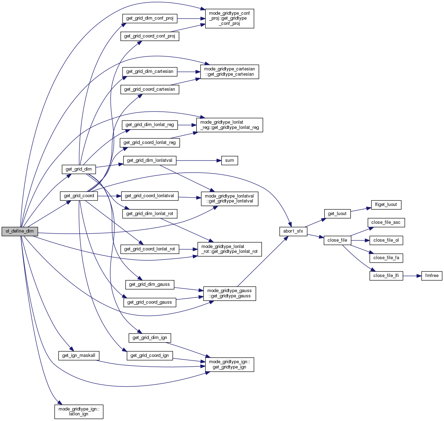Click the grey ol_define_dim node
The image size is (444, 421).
click(20, 231)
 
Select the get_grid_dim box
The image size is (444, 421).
click(79, 169)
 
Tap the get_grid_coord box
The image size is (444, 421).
click(79, 196)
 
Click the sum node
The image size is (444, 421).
click(229, 160)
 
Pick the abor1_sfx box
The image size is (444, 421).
click(293, 231)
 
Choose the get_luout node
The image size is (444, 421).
click(337, 214)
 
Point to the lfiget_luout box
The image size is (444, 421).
click(386, 205)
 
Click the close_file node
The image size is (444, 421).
click(337, 240)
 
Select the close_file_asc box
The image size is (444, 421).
click(386, 222)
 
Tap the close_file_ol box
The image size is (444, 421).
click(386, 240)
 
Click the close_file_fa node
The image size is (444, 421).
click(386, 258)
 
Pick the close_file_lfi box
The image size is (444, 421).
click(386, 276)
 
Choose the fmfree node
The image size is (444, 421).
click(432, 276)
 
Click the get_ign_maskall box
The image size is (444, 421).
click(78, 356)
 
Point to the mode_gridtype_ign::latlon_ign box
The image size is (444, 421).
click(79, 412)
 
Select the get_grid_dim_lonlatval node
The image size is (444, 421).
click(150, 160)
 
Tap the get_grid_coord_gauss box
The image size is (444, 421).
click(150, 302)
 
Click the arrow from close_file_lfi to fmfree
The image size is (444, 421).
click(412, 276)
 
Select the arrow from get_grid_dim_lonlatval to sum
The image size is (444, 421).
click(198, 160)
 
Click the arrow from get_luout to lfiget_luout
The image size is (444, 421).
click(361, 209)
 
